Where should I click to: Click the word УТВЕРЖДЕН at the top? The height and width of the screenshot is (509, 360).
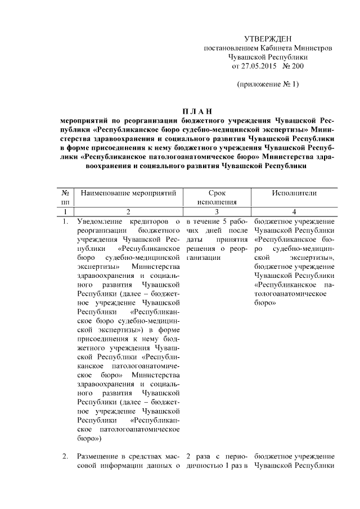(x=267, y=38)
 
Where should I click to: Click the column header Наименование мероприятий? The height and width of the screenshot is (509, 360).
(x=129, y=193)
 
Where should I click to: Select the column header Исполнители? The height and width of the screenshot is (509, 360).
(x=293, y=193)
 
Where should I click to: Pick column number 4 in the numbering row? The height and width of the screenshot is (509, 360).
(x=293, y=211)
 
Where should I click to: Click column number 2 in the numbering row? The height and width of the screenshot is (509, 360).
(x=129, y=211)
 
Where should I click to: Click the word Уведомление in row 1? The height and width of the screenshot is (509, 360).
(x=103, y=221)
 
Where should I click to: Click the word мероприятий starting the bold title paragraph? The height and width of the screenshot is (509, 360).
(x=88, y=120)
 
